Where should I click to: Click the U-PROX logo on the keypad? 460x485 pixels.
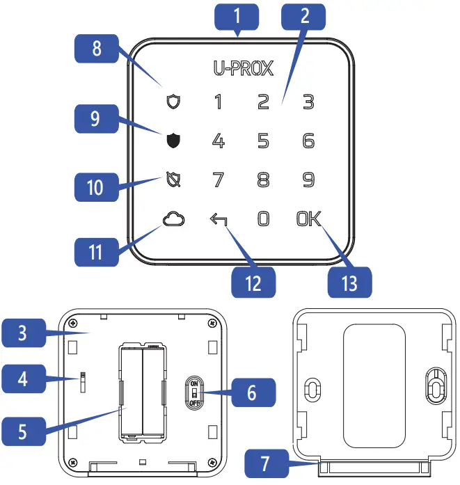click(243, 68)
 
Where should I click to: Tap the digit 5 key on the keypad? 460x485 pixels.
click(263, 141)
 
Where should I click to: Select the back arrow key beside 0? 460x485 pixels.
click(218, 220)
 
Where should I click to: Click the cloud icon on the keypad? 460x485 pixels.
click(172, 219)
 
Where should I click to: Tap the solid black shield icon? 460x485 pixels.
click(173, 141)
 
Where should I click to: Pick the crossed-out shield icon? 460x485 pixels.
click(173, 180)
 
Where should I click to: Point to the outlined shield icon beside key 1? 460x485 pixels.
click(173, 102)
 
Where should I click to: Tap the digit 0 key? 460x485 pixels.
click(263, 219)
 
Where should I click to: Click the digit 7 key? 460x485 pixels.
click(218, 180)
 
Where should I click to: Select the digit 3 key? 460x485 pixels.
click(308, 102)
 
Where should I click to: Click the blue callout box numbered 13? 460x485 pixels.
click(349, 283)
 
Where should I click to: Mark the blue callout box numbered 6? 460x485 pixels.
click(252, 393)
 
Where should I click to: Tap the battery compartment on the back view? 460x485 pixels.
click(143, 391)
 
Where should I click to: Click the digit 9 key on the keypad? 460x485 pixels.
click(308, 180)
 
